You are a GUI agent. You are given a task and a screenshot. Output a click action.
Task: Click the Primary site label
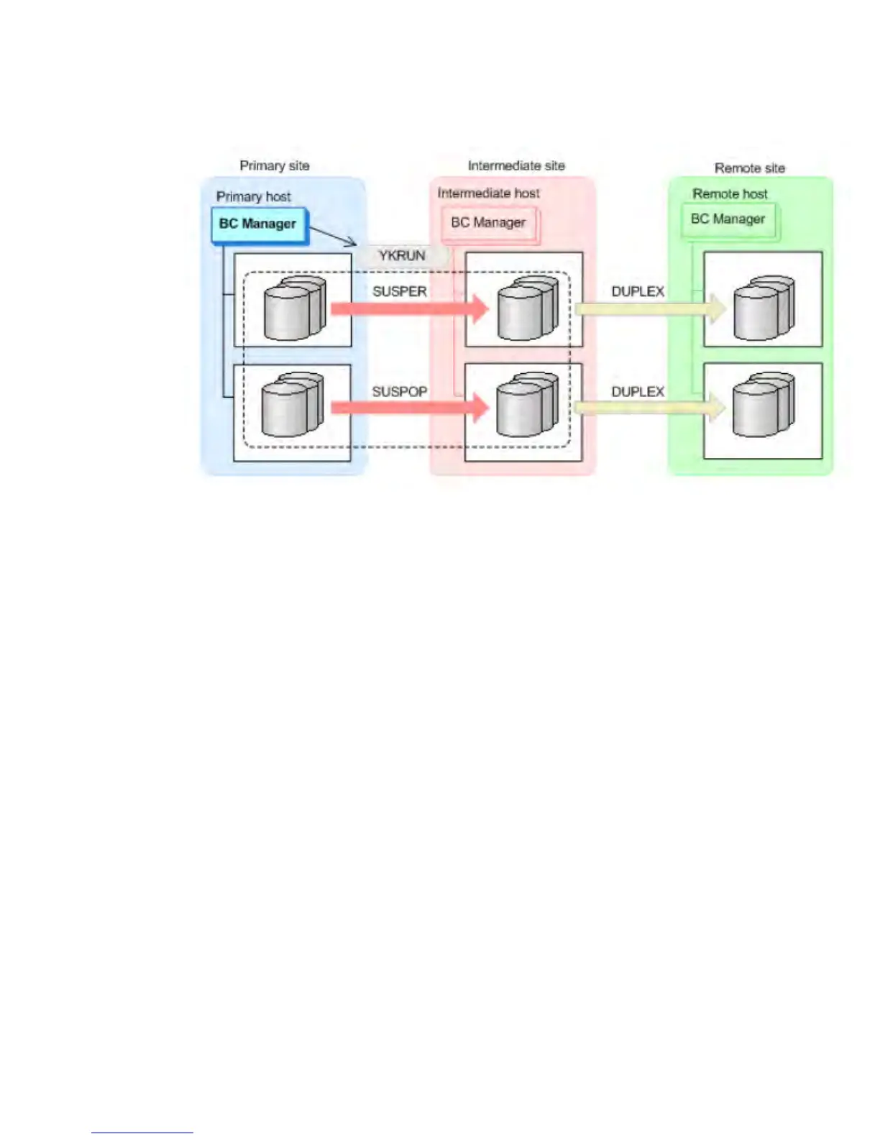(x=274, y=165)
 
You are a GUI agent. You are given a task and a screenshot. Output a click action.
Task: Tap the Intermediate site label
(x=515, y=165)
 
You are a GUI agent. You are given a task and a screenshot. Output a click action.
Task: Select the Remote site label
(x=749, y=168)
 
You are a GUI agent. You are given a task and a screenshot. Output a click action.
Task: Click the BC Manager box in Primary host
(x=258, y=224)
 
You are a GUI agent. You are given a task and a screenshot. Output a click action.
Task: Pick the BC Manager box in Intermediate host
(x=488, y=223)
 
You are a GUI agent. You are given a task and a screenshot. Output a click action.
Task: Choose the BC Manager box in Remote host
(x=728, y=219)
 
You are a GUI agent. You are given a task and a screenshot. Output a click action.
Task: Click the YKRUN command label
(x=402, y=255)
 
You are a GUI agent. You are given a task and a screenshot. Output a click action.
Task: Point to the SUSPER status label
(x=399, y=291)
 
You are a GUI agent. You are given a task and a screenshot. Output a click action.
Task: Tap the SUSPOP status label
(x=399, y=392)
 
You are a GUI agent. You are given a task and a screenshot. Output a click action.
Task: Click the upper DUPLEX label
(x=638, y=291)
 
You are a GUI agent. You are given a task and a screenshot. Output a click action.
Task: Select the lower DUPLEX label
(x=638, y=392)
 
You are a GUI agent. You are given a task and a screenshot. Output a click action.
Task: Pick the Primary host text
(x=253, y=196)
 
